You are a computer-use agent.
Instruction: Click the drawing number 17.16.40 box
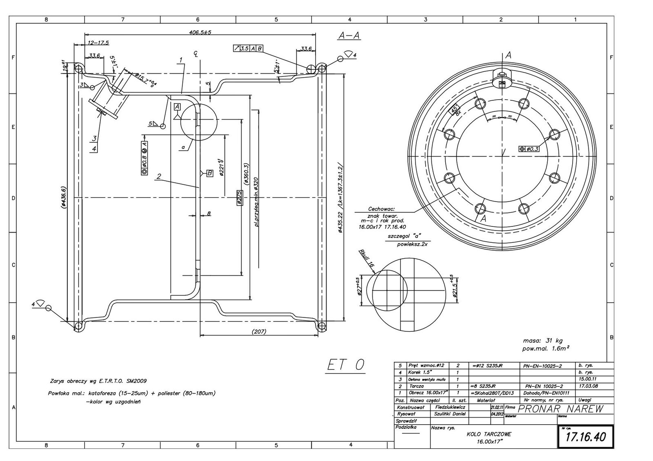click(x=585, y=437)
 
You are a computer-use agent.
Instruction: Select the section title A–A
click(x=349, y=35)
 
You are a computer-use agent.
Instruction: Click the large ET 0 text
click(x=346, y=365)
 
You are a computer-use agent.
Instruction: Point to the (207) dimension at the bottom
click(x=258, y=332)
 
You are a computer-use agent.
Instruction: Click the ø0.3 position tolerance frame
click(x=529, y=149)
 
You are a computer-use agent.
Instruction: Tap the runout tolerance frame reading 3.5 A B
click(x=248, y=49)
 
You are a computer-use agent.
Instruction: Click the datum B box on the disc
click(x=209, y=173)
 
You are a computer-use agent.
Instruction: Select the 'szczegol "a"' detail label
click(x=404, y=236)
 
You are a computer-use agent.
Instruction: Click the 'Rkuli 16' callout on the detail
click(x=366, y=257)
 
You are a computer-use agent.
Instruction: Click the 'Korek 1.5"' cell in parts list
click(x=418, y=372)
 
